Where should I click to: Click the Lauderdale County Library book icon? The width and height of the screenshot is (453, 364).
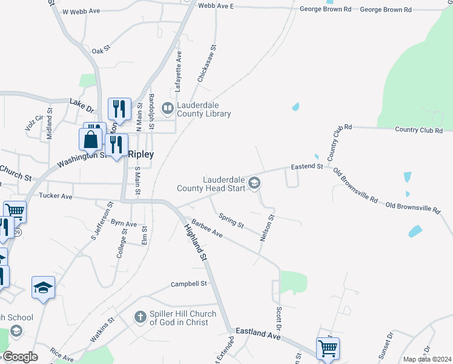168,108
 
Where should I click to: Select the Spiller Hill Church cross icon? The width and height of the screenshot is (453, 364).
140,317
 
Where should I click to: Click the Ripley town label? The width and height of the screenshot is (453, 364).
141,154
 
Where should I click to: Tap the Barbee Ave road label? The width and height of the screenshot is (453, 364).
207,229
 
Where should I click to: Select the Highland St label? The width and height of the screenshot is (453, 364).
196,242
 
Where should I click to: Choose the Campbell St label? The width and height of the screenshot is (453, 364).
189,283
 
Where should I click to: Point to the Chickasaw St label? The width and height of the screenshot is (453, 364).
206,64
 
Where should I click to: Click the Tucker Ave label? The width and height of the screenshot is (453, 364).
55,196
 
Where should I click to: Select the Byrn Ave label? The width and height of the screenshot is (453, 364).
124,224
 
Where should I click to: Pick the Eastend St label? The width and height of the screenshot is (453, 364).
306,166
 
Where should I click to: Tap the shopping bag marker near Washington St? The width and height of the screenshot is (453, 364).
90,139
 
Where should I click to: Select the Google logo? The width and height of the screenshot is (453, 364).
19,357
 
